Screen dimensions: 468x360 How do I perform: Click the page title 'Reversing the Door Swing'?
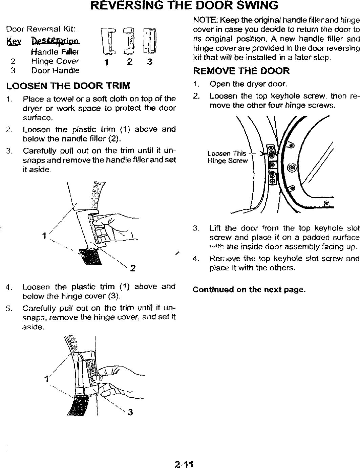179,6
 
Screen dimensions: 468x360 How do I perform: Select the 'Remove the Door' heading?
241,71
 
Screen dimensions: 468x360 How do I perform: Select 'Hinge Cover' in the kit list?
55,61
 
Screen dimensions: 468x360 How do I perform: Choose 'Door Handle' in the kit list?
56,71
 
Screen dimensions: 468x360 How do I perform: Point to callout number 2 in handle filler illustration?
132,260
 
